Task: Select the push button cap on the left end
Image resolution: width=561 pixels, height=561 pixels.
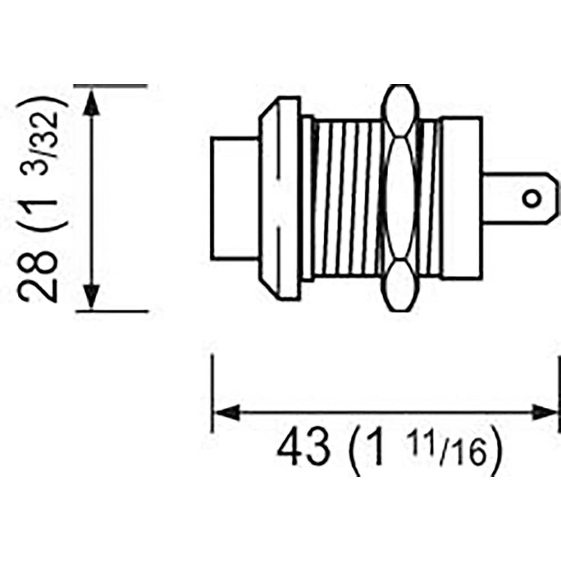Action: tap(234, 198)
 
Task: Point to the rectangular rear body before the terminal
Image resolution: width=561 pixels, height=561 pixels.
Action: tap(460, 198)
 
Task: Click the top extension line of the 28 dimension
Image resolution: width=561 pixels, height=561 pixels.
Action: tap(112, 86)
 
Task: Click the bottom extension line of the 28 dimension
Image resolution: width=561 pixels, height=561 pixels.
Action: tap(112, 310)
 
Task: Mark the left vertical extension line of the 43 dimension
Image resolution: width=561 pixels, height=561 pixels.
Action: tap(212, 393)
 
